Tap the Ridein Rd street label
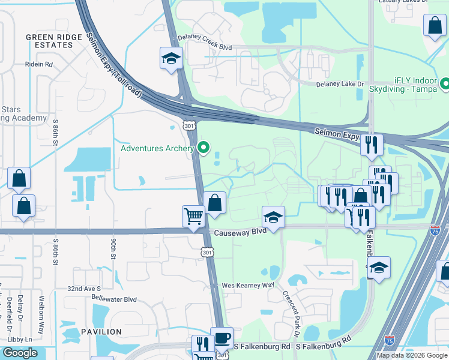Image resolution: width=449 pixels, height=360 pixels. (39, 64)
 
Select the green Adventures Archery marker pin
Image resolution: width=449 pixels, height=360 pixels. (204, 148)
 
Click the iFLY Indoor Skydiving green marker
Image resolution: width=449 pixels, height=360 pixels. (445, 83)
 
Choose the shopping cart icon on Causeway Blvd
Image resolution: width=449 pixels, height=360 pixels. (193, 215)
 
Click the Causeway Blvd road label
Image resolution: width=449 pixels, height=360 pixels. (237, 231)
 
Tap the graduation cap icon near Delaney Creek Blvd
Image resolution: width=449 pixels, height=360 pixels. (171, 59)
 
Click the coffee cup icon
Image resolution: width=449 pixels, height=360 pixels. (221, 337)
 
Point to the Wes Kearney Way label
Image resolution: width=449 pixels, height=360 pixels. (248, 285)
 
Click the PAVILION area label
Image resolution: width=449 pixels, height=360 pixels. (100, 331)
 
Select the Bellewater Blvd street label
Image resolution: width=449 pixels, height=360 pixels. (114, 299)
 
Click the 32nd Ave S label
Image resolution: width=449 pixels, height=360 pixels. (83, 289)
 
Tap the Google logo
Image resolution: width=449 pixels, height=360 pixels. (20, 353)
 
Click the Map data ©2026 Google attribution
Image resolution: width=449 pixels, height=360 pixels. (411, 355)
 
